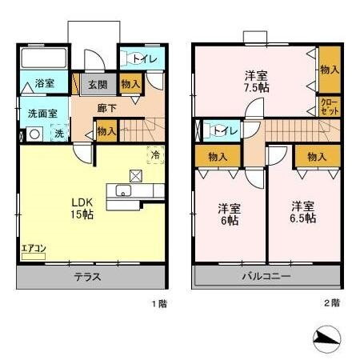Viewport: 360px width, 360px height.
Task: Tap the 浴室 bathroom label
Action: point(44,83)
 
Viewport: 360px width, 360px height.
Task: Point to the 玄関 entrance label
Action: point(98,84)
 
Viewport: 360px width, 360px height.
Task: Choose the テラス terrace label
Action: point(87,277)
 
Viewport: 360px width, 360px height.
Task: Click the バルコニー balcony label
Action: point(266,277)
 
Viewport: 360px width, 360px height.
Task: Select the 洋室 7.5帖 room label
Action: point(256,82)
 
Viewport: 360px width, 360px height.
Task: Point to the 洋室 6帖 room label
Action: point(230,215)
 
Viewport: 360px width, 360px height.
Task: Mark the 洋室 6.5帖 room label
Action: point(302,210)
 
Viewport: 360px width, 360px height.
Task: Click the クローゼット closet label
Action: point(328,107)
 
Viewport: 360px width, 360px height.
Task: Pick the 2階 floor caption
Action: point(331,303)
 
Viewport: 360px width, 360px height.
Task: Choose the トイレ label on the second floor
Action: point(223,130)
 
